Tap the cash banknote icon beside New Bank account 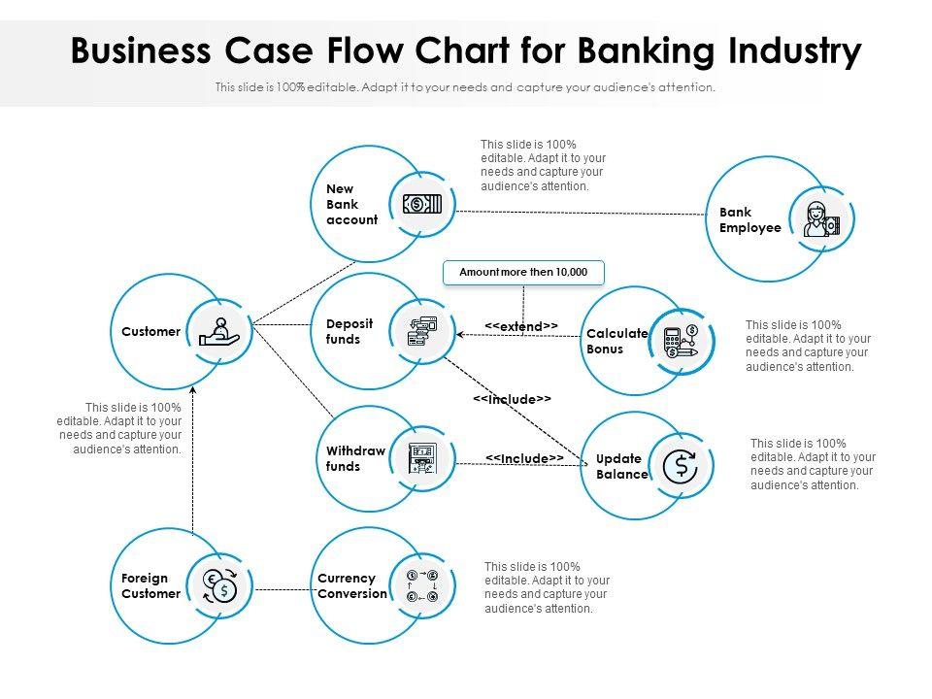click(422, 204)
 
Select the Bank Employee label click(749, 219)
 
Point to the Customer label click(150, 331)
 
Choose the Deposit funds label click(343, 331)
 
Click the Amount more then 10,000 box click(523, 273)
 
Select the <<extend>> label click(521, 326)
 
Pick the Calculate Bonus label click(616, 341)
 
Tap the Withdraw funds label click(355, 458)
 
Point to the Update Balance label click(621, 466)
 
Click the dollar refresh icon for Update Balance click(680, 466)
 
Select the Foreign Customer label click(150, 585)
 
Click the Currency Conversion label click(352, 585)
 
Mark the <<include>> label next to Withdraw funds click(524, 457)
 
